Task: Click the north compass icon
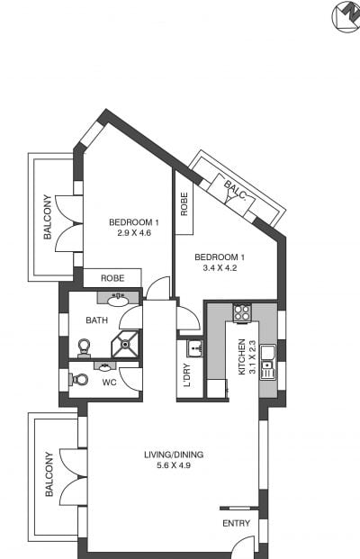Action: [x=346, y=16]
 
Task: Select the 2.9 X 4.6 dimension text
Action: [x=134, y=233]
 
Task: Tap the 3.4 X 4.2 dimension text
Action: [x=220, y=267]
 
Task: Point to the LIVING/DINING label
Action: [x=174, y=455]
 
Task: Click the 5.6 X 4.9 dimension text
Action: [x=174, y=465]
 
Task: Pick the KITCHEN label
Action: [x=242, y=356]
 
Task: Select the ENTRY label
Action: [x=237, y=523]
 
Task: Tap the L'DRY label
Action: [x=187, y=375]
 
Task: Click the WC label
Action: [x=109, y=383]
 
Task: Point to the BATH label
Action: [x=96, y=320]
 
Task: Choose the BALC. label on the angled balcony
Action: [x=235, y=189]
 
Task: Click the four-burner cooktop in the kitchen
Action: [x=242, y=312]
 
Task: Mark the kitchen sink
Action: [x=267, y=362]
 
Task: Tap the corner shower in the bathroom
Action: [x=125, y=344]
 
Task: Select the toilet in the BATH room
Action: [x=84, y=348]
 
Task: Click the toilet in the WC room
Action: [x=78, y=379]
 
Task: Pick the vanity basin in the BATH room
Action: [x=118, y=301]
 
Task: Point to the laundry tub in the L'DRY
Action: [x=194, y=347]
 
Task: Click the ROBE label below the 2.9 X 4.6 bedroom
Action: [x=112, y=278]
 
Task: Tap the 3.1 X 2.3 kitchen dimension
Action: [x=253, y=356]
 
